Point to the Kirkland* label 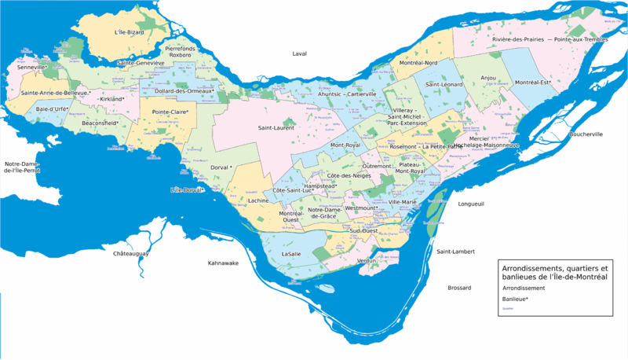[x=113, y=99]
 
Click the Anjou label [x=488, y=78]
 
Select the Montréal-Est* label [x=532, y=83]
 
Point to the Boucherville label [x=581, y=134]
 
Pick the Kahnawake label [x=223, y=263]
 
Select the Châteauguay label [x=131, y=254]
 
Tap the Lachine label [x=257, y=201]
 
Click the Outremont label [x=376, y=166]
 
